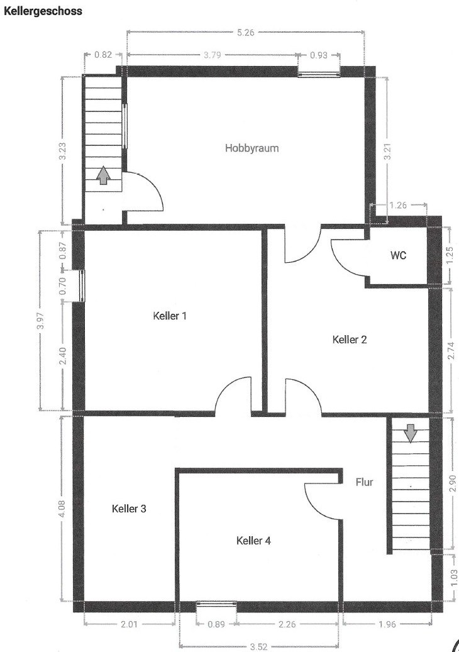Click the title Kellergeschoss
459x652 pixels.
[x=43, y=11]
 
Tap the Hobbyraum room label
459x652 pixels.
[x=252, y=148]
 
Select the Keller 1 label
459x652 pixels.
[x=170, y=316]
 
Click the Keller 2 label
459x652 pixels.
[x=350, y=340]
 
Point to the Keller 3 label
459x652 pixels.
[x=129, y=509]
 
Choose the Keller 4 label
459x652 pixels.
[x=253, y=541]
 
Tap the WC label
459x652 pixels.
[x=398, y=255]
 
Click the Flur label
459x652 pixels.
[x=365, y=482]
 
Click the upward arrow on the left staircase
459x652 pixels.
[x=103, y=175]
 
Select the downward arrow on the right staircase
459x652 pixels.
[x=411, y=433]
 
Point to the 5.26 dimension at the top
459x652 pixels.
[x=246, y=33]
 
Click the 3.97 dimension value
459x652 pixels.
[x=40, y=320]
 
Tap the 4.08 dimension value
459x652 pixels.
[x=61, y=509]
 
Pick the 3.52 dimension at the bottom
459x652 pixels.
[x=258, y=646]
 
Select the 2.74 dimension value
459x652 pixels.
[x=451, y=351]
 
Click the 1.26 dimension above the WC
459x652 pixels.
[x=398, y=205]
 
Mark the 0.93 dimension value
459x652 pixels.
[x=319, y=55]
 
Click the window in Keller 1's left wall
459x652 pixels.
[x=82, y=285]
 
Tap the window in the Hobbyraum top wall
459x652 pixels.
[x=319, y=74]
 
